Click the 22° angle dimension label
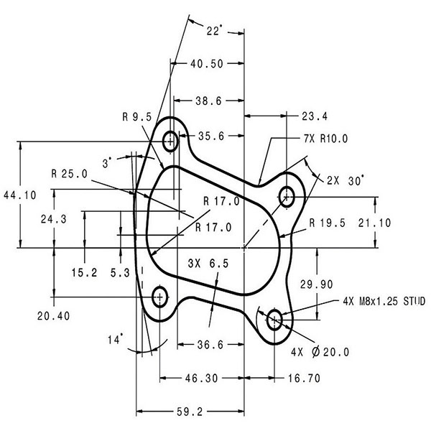click(214, 30)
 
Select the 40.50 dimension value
click(207, 64)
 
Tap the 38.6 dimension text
click(208, 101)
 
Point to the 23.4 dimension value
click(315, 116)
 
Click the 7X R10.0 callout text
click(325, 139)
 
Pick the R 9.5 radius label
click(137, 117)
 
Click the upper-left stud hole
click(170, 142)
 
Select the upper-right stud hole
click(287, 197)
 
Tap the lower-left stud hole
click(159, 297)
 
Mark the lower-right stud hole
click(274, 320)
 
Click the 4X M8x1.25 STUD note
click(384, 302)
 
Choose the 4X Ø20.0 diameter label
click(320, 352)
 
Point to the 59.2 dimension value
click(190, 412)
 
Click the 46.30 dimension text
click(201, 379)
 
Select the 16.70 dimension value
click(304, 379)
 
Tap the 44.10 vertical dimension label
click(20, 195)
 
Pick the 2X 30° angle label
click(346, 181)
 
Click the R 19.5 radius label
click(327, 223)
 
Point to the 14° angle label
click(115, 340)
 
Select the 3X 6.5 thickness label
click(208, 264)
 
